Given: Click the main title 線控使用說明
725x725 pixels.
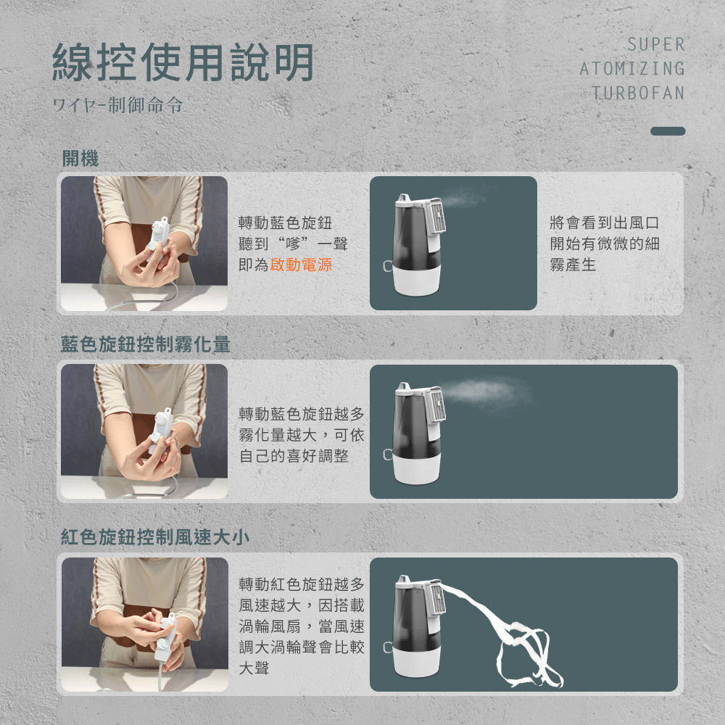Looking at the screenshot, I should point(183,62).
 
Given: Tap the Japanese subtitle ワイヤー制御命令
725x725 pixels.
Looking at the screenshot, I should point(117,106).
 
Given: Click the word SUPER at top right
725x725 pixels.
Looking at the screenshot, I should point(655,45).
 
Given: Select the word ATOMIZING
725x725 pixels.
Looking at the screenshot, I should point(632,69).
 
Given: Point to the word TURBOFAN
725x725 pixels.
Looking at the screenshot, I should point(638,93).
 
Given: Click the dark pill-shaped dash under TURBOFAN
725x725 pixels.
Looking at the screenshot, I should point(667,131).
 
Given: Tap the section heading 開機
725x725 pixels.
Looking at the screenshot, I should point(80,159).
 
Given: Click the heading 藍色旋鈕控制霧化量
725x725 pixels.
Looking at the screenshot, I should point(145,345).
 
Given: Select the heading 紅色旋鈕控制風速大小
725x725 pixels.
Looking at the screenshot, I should point(155,537).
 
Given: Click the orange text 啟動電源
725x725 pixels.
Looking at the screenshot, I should point(301,265).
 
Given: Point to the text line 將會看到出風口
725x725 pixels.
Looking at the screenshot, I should point(605,223).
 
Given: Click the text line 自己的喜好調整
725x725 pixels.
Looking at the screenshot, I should point(294,456).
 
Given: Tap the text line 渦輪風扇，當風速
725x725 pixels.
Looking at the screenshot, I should point(302,626).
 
